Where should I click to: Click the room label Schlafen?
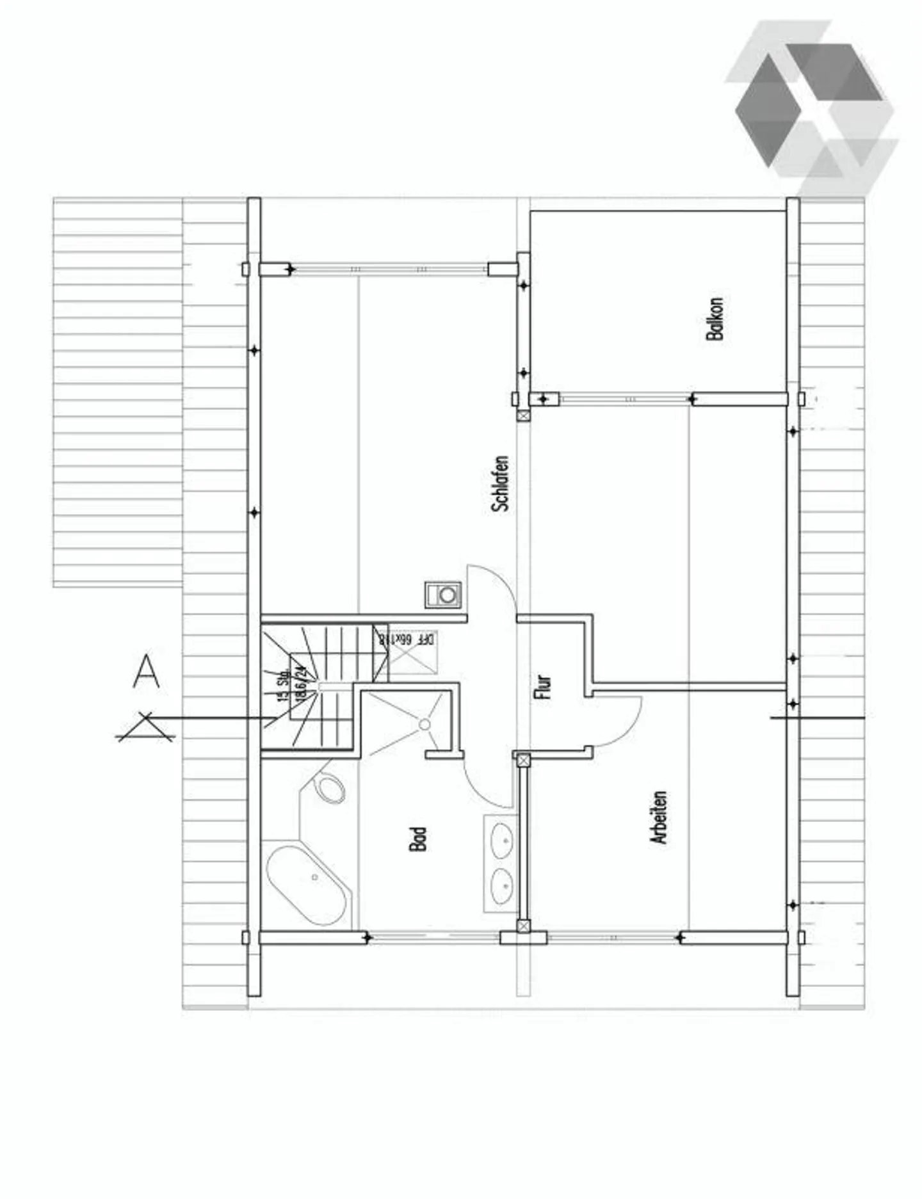[x=501, y=483]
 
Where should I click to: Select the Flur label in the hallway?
[x=542, y=686]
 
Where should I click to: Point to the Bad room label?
[x=417, y=839]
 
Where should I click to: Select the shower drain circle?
[x=425, y=724]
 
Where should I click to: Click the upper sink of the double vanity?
[x=502, y=841]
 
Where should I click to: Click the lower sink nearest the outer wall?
[x=502, y=886]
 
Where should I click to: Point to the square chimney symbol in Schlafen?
[x=443, y=595]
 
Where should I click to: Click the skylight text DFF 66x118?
[x=407, y=639]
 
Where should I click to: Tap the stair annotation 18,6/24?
[x=299, y=684]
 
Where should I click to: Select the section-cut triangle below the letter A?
[x=146, y=728]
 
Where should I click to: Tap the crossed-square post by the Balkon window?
[x=524, y=415]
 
